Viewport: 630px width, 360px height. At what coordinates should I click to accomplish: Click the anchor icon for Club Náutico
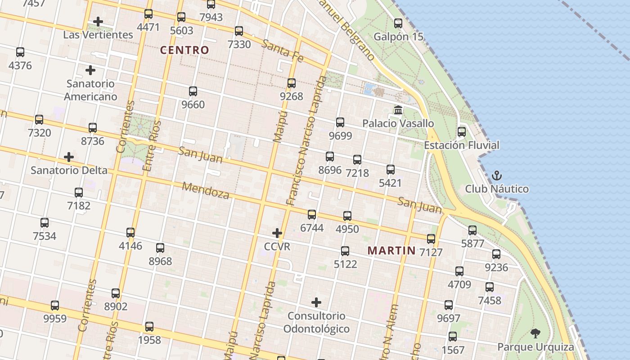pos(497,175)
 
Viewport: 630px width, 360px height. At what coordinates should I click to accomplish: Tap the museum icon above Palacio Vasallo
pos(398,110)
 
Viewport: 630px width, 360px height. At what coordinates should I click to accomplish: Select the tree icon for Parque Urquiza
pos(535,333)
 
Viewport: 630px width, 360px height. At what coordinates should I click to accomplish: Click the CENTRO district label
pos(184,50)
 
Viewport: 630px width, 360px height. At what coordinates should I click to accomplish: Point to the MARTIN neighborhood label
pos(391,251)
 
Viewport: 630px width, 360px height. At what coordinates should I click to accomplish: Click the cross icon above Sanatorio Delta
pos(69,157)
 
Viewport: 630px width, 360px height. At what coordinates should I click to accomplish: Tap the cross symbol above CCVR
pos(277,233)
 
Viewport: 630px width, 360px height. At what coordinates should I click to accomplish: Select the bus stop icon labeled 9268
pos(292,83)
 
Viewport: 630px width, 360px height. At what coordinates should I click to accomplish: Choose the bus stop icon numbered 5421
pos(391,170)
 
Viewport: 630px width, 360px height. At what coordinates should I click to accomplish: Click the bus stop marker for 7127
pos(431,239)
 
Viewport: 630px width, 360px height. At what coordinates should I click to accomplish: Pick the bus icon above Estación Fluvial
pos(462,132)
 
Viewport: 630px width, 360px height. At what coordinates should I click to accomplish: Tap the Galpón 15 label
pos(399,36)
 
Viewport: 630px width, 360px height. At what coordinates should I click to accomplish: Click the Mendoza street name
pos(206,191)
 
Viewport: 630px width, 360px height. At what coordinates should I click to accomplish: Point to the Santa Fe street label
pos(282,50)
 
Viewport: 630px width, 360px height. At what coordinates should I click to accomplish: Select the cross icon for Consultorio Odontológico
pos(316,302)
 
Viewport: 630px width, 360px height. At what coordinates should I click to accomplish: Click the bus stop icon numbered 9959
pos(55,306)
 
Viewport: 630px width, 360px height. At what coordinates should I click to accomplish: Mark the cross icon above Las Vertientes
pos(98,22)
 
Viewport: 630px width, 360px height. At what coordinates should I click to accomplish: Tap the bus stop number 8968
pos(160,261)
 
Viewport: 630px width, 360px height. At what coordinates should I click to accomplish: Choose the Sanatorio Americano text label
pos(90,90)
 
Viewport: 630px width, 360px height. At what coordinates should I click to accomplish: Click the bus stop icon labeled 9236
pos(496,254)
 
